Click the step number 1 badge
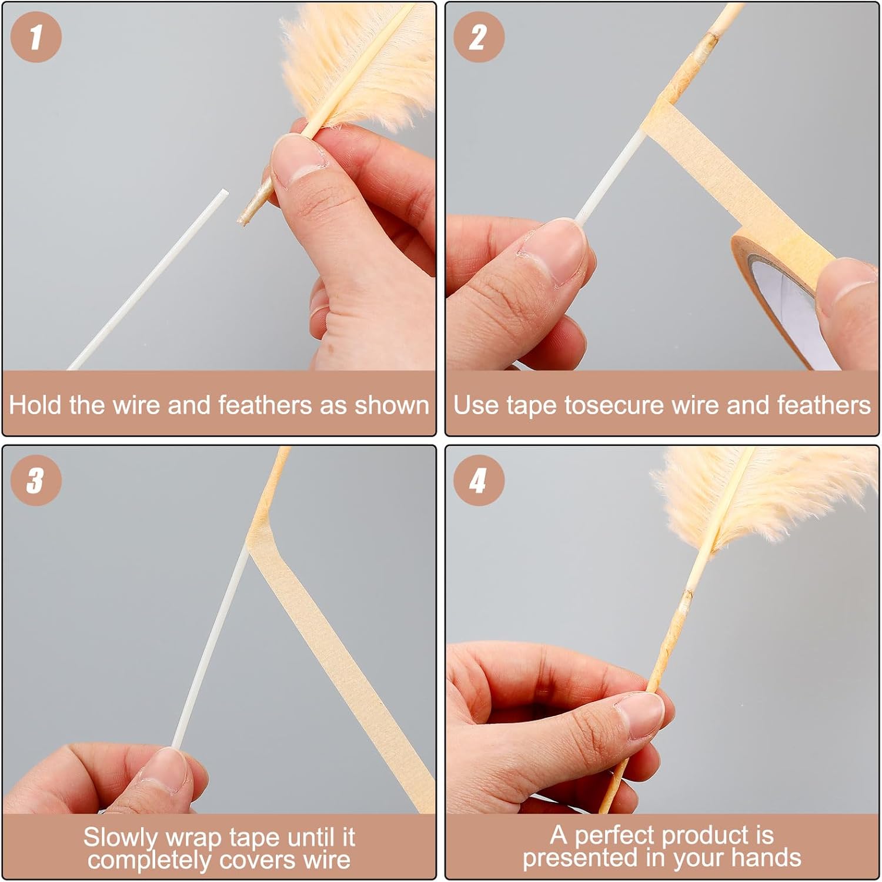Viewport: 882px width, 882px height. point(36,36)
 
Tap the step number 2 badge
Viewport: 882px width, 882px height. point(479,36)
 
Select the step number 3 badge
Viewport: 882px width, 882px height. point(36,480)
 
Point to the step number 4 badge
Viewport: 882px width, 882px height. point(479,480)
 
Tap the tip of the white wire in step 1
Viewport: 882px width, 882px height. point(225,191)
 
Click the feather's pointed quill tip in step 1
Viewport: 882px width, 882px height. point(241,221)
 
